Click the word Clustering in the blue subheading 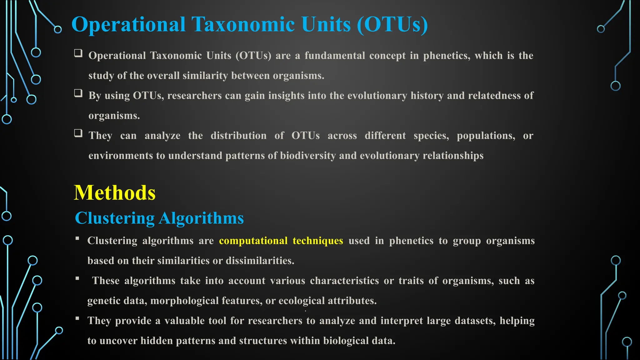(x=115, y=218)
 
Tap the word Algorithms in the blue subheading (x=201, y=218)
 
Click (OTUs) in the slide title (x=392, y=24)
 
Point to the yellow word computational (x=253, y=241)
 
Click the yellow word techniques (x=318, y=241)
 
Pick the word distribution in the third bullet (x=238, y=136)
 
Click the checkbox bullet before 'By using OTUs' (x=78, y=93)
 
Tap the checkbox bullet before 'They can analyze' (x=78, y=133)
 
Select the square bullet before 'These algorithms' (x=77, y=278)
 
